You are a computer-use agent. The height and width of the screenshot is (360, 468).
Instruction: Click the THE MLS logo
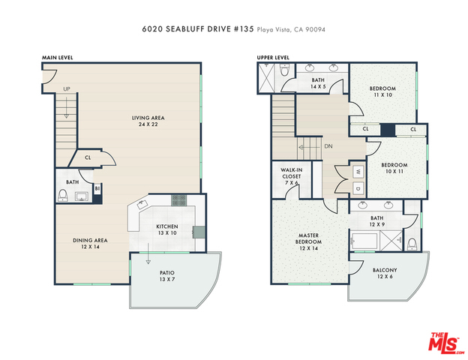pos(446,343)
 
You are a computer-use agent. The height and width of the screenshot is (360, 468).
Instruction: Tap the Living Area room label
pos(148,121)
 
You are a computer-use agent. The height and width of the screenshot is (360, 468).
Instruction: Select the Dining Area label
pos(90,244)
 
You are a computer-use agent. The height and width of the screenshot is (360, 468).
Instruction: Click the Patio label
pos(166,276)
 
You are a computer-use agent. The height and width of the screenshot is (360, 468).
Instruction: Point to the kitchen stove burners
pos(179,200)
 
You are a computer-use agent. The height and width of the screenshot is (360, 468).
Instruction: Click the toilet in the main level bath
pos(63,195)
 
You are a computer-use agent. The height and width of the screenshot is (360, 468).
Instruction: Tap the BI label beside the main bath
pos(97,189)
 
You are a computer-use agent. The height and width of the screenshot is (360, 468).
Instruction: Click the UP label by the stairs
pos(67,89)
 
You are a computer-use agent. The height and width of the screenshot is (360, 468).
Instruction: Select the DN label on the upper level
pos(328,146)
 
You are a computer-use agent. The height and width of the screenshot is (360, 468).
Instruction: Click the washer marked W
pos(358,172)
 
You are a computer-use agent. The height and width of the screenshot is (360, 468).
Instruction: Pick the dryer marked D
pos(358,189)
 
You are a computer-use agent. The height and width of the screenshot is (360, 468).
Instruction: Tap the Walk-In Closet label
pos(291,176)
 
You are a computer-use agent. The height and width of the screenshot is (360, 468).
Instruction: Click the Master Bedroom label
pos(308,241)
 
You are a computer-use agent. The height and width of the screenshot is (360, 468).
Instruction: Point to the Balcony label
pos(385,273)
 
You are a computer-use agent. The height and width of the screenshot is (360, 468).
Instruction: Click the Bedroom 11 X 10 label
pos(382,91)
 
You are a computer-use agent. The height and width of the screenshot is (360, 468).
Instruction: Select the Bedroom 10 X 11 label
pos(394,168)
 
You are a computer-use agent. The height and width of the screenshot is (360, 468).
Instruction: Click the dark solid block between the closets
pos(388,130)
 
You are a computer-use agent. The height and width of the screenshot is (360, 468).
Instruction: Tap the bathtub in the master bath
pos(364,241)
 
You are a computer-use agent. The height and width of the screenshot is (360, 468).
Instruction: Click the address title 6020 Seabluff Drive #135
pos(197,29)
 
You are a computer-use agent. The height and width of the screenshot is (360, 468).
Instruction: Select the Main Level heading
pos(57,58)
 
